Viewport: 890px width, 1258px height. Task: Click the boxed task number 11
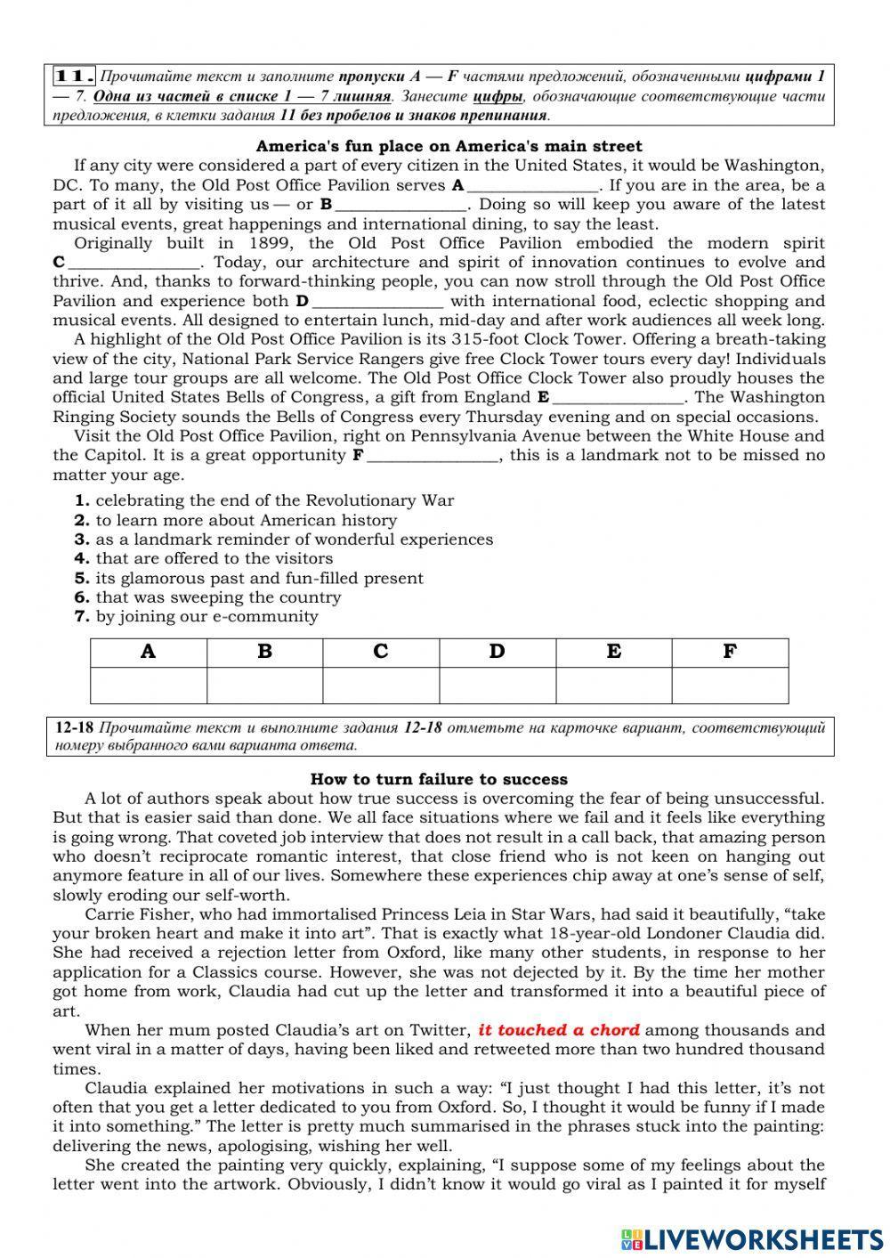pyautogui.click(x=74, y=76)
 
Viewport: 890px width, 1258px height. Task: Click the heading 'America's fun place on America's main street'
pyautogui.click(x=449, y=146)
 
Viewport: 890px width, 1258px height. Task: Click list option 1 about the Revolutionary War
pyautogui.click(x=274, y=500)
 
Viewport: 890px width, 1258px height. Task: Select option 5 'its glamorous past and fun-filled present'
pyautogui.click(x=259, y=578)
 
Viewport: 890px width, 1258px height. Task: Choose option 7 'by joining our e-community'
pyautogui.click(x=206, y=616)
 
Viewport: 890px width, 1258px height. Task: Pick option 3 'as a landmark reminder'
pyautogui.click(x=294, y=540)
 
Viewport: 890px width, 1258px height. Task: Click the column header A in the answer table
pyautogui.click(x=149, y=652)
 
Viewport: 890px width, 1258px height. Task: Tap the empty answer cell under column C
pyautogui.click(x=381, y=686)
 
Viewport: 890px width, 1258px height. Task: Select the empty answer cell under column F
pyautogui.click(x=730, y=686)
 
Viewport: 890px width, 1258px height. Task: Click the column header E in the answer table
pyautogui.click(x=613, y=652)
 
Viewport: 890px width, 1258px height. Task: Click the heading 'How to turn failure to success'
pyautogui.click(x=439, y=779)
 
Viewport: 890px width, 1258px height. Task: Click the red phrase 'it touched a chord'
pyautogui.click(x=559, y=1030)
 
